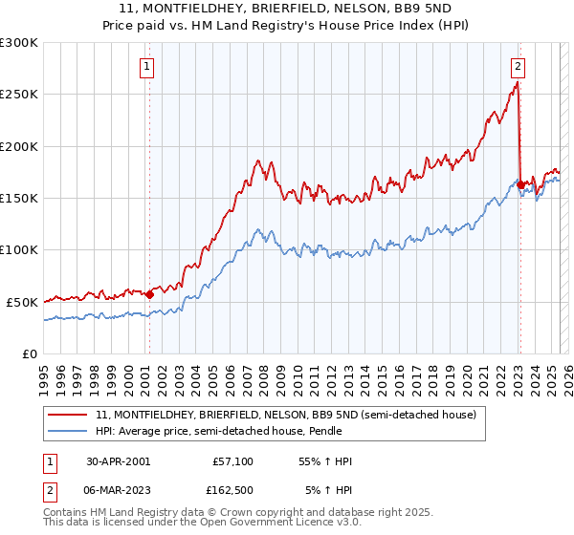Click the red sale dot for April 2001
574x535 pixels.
click(149, 294)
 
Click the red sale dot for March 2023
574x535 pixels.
click(519, 184)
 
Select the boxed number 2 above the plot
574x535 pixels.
click(518, 67)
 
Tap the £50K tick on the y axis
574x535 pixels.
click(22, 302)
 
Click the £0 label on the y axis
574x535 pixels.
click(30, 353)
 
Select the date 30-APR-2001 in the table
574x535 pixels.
click(118, 461)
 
